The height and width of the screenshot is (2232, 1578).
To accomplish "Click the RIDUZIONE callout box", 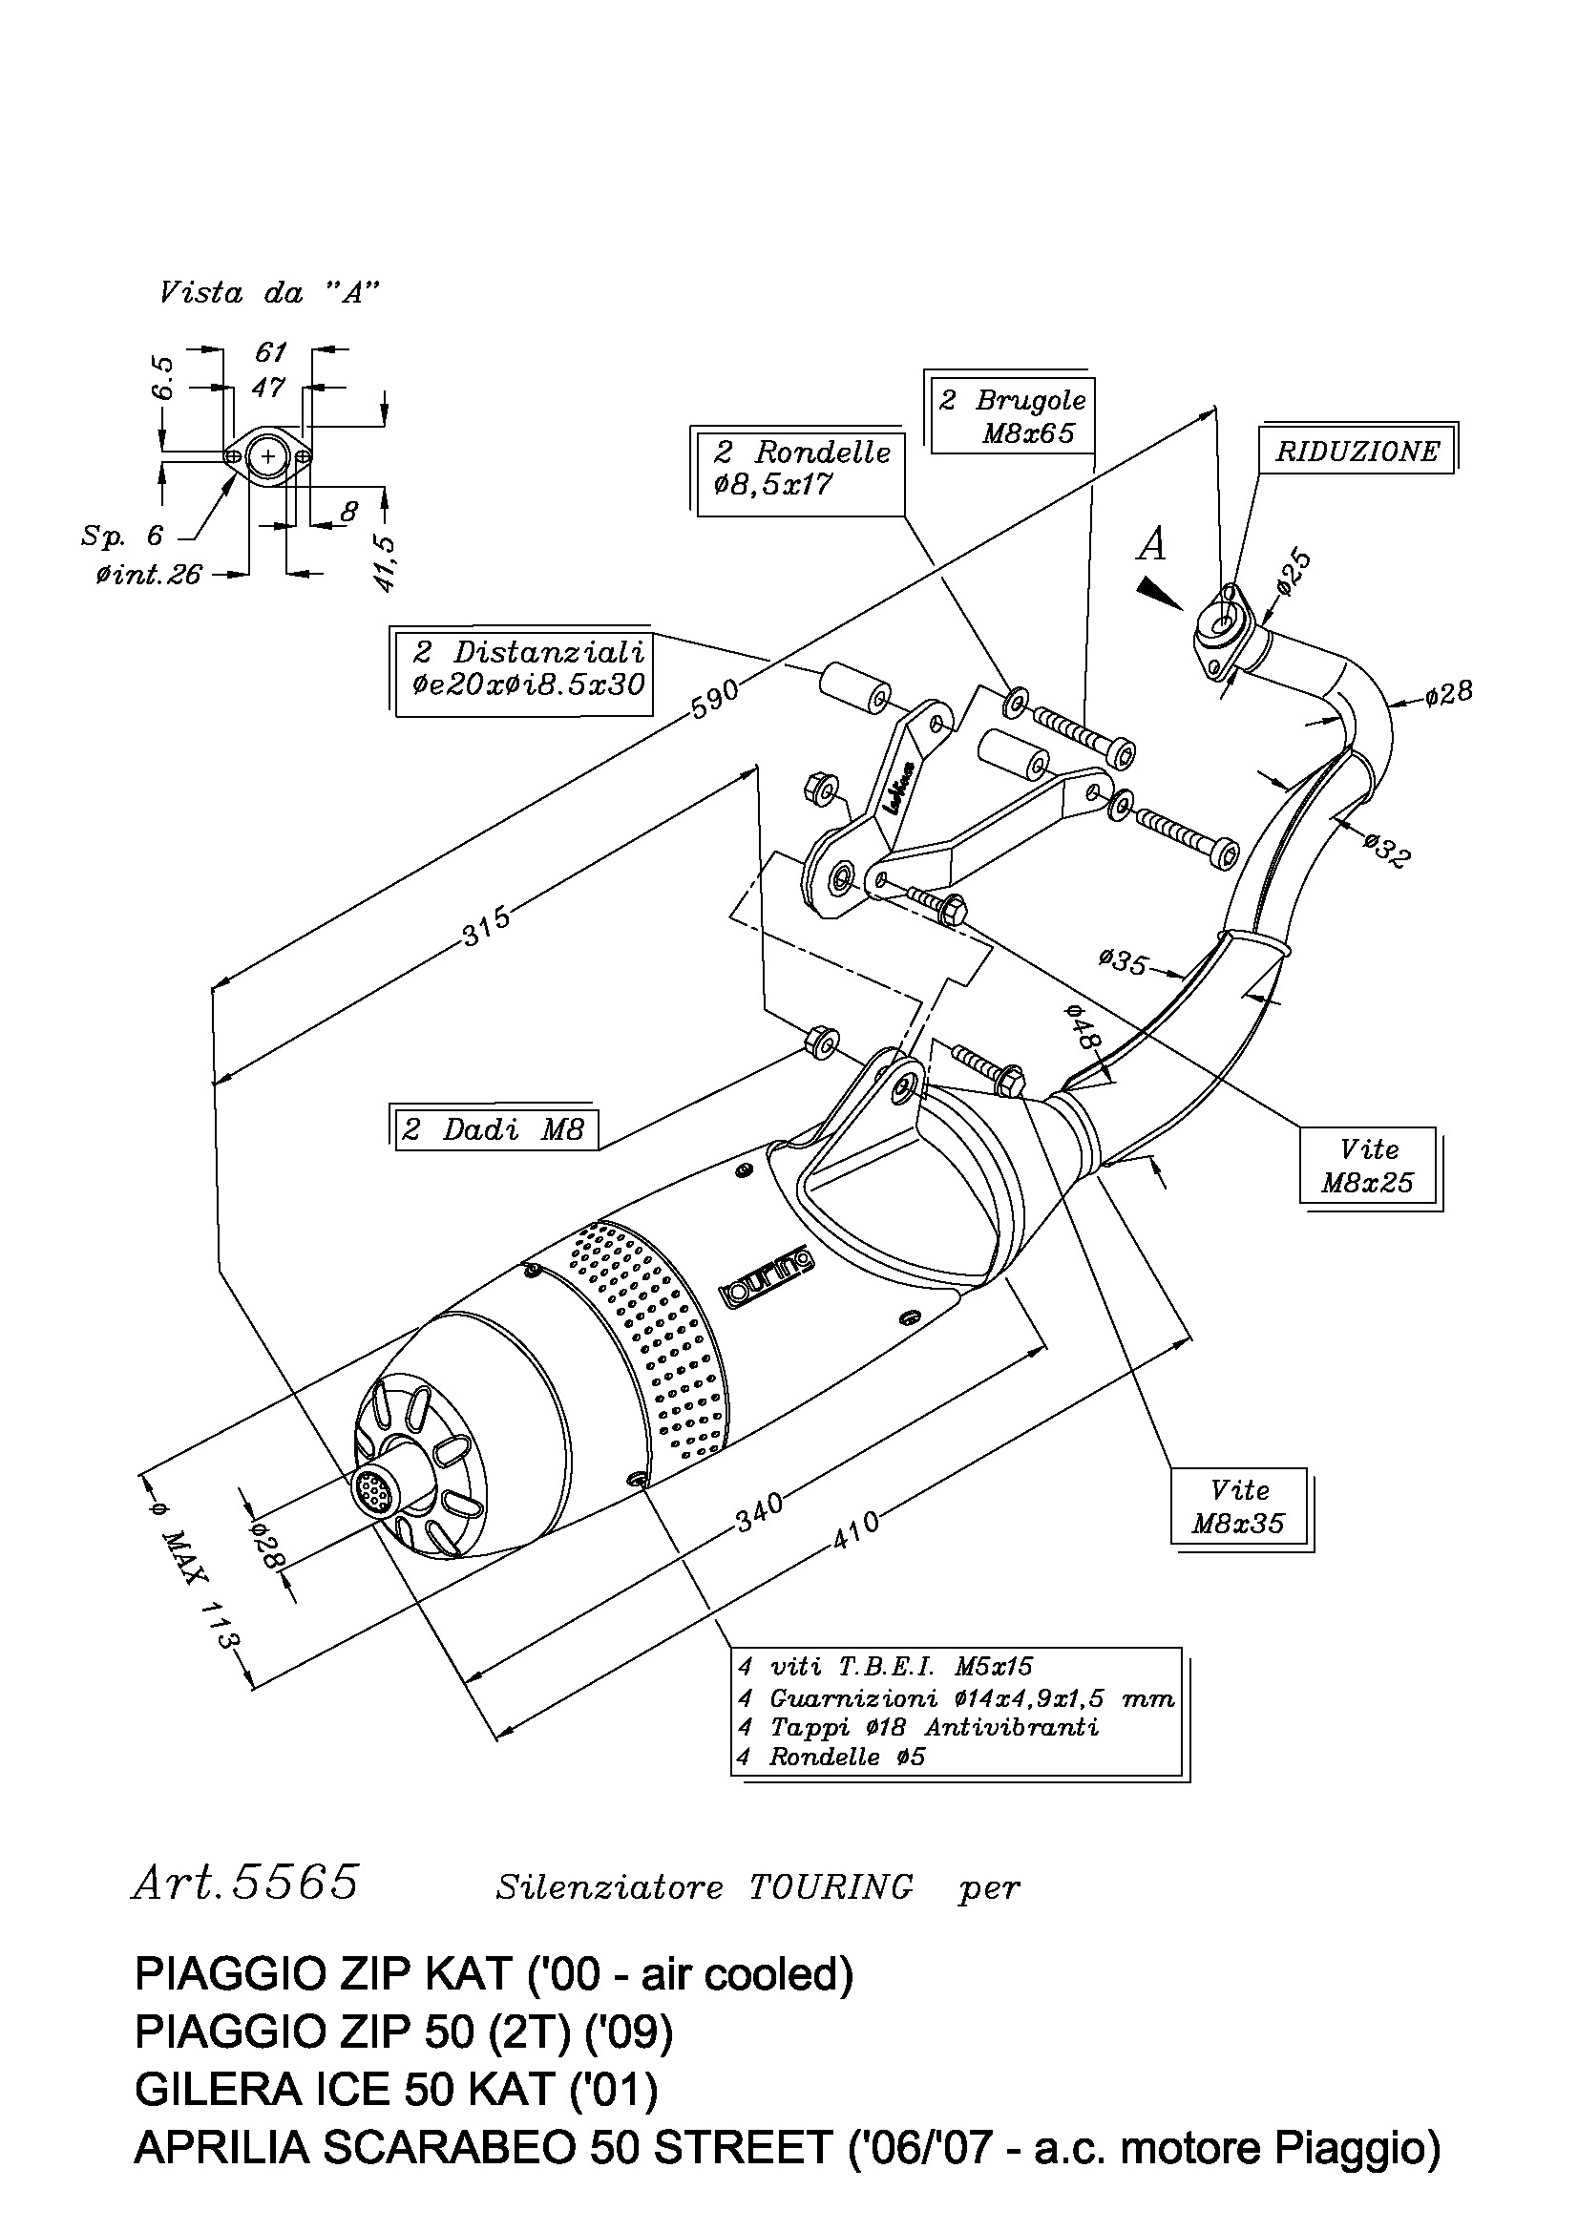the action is [1358, 450].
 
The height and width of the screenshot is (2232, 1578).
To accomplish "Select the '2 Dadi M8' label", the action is [495, 1128].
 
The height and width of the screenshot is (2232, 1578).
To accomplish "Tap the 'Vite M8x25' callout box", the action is [1370, 1167].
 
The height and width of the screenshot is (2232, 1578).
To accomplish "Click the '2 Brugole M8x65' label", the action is [1011, 415].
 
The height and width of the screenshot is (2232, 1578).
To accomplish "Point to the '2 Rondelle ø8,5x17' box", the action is [799, 469].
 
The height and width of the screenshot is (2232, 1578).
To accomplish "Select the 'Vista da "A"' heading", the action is [269, 293].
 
